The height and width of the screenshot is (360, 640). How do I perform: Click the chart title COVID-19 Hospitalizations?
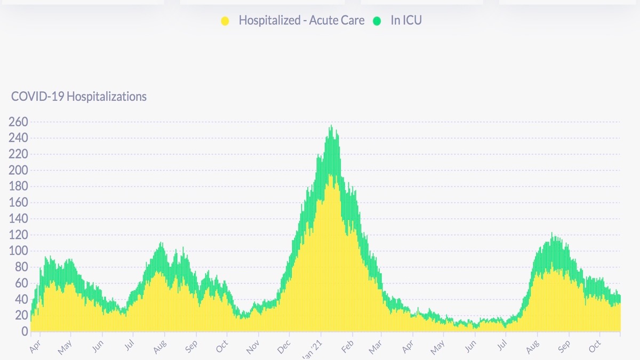point(78,97)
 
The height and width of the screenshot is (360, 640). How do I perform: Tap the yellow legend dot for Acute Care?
point(225,21)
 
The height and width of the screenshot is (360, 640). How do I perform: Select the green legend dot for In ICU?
point(377,21)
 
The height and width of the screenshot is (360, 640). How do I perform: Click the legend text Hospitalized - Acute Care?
point(301,21)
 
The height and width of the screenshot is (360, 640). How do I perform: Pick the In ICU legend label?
point(406,21)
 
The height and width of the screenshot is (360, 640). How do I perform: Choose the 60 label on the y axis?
point(20,283)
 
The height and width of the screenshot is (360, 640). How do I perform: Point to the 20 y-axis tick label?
point(20,316)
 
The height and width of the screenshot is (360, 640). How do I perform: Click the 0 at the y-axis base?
point(24,332)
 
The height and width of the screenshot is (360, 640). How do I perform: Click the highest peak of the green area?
point(331,126)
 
